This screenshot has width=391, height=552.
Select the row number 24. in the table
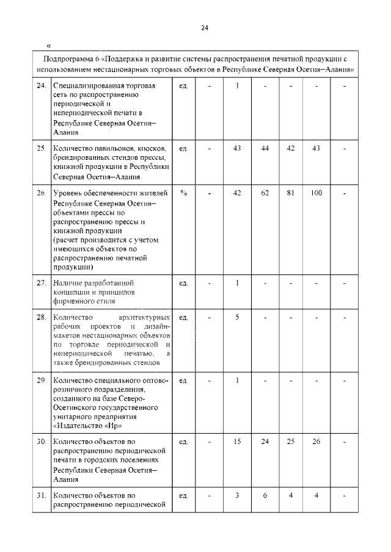(42, 86)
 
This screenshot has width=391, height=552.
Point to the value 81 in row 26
(291, 193)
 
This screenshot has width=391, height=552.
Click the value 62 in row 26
(265, 193)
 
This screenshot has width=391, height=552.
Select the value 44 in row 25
(265, 148)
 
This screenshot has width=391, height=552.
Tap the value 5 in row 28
(237, 317)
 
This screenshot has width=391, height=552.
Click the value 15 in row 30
(237, 441)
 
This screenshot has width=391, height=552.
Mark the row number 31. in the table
(42, 495)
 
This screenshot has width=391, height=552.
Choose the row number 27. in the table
(42, 283)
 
